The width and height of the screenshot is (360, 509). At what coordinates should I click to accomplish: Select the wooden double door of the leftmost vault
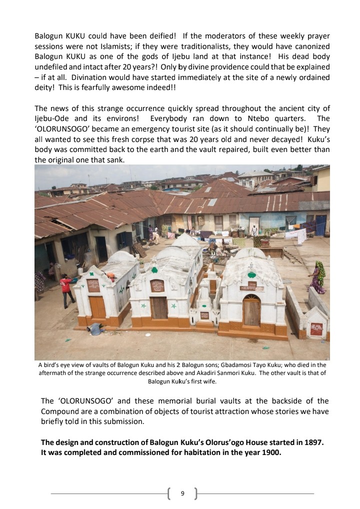point(97,306)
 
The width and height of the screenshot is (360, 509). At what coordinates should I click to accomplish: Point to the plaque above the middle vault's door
point(157,285)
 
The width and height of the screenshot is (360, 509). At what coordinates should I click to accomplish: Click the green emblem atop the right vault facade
point(251,275)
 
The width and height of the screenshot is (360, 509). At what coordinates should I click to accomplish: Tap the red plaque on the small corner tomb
point(316,329)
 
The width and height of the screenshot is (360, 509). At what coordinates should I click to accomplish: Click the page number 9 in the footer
point(182,493)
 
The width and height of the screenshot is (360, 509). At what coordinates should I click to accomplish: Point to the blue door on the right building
point(320,225)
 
